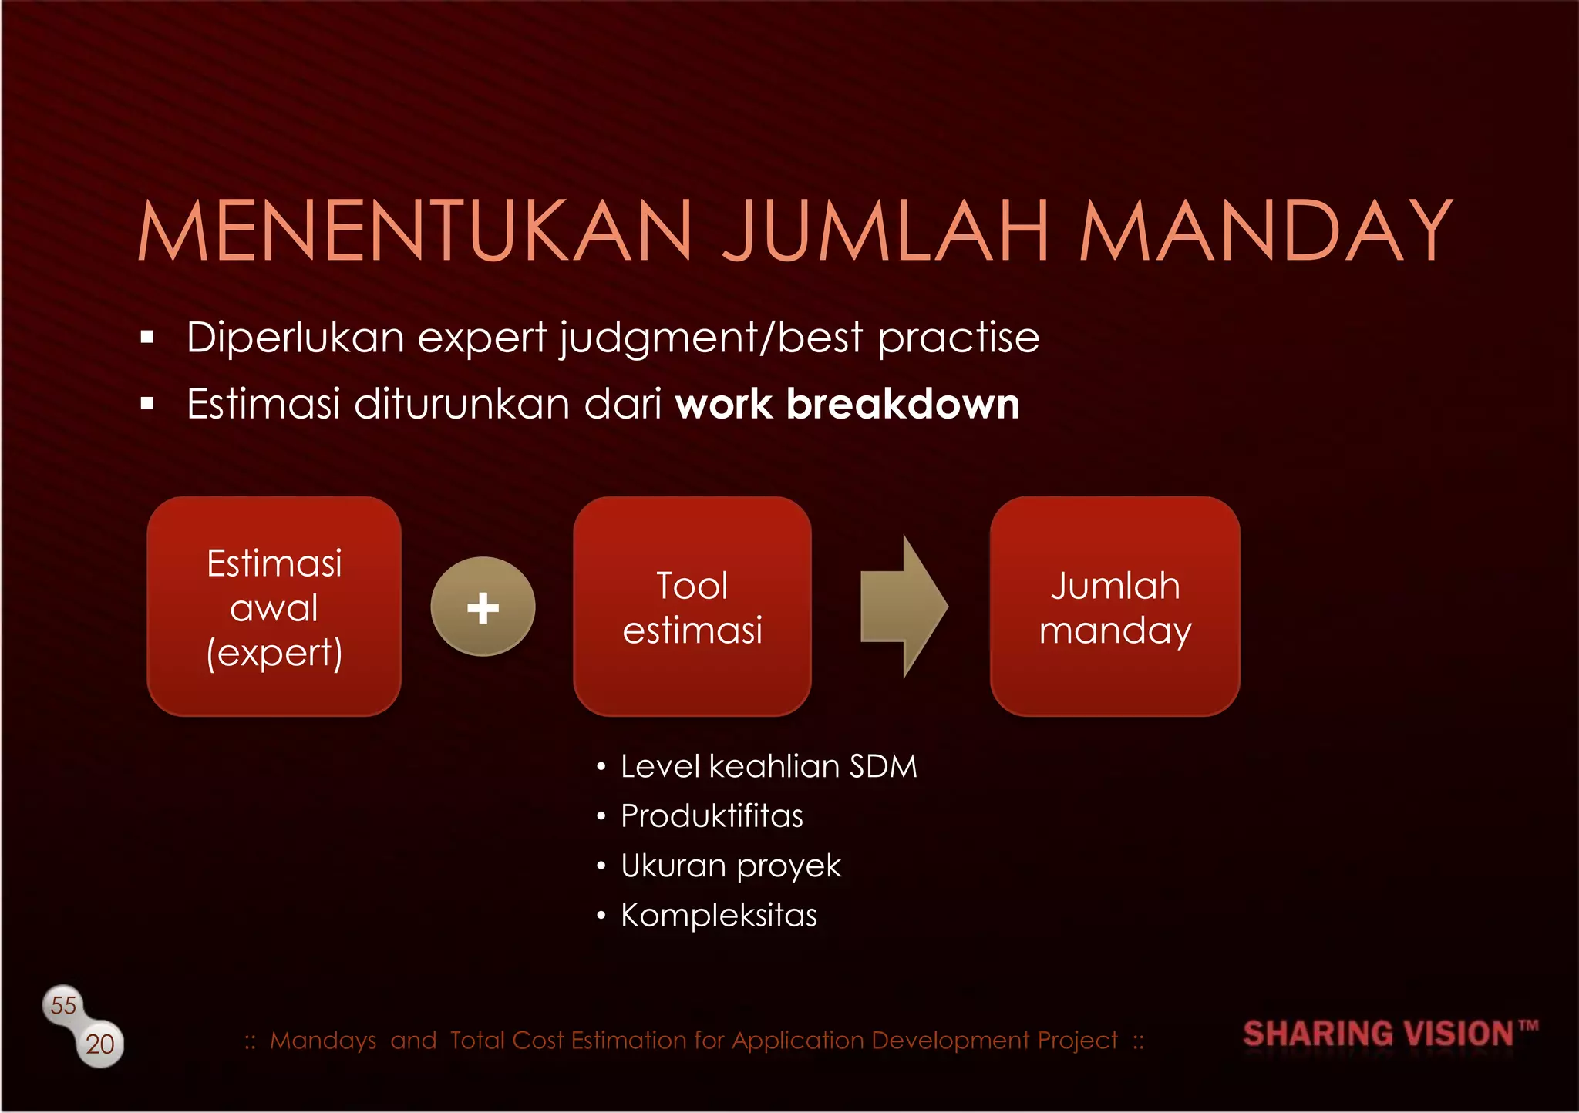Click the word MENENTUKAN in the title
pyautogui.click(x=416, y=231)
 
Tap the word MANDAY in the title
pyautogui.click(x=1264, y=231)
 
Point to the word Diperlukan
pyautogui.click(x=295, y=338)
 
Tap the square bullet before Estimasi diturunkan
pyautogui.click(x=148, y=404)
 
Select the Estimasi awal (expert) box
pyautogui.click(x=274, y=607)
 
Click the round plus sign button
pyautogui.click(x=483, y=607)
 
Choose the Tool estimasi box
pyautogui.click(x=692, y=607)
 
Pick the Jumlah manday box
pyautogui.click(x=1115, y=607)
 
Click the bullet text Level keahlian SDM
pyautogui.click(x=769, y=767)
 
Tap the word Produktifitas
pyautogui.click(x=712, y=816)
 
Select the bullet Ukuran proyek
pyautogui.click(x=730, y=866)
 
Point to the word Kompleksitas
pyautogui.click(x=719, y=916)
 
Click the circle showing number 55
pyautogui.click(x=63, y=1005)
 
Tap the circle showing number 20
pyautogui.click(x=100, y=1044)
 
